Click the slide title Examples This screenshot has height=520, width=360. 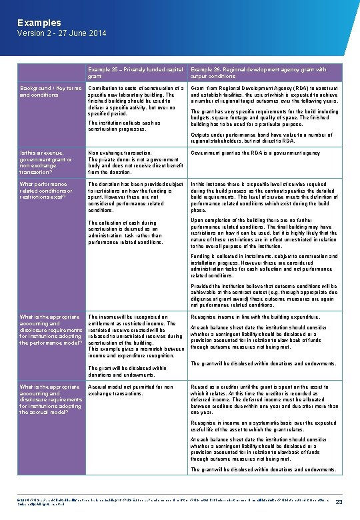[39, 23]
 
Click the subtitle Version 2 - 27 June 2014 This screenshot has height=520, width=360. [61, 33]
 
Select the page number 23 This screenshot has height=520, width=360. [339, 502]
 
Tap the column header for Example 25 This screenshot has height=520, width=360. [136, 72]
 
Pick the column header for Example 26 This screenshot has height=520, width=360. [258, 72]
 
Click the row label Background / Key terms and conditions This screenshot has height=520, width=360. [51, 91]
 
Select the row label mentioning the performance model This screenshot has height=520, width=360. [51, 330]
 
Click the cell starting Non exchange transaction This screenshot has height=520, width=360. [136, 162]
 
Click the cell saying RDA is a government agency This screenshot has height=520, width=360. [255, 153]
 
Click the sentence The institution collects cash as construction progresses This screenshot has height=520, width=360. [125, 126]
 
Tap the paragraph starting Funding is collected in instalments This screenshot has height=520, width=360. [265, 265]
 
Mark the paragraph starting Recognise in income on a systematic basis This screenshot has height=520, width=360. [265, 426]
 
